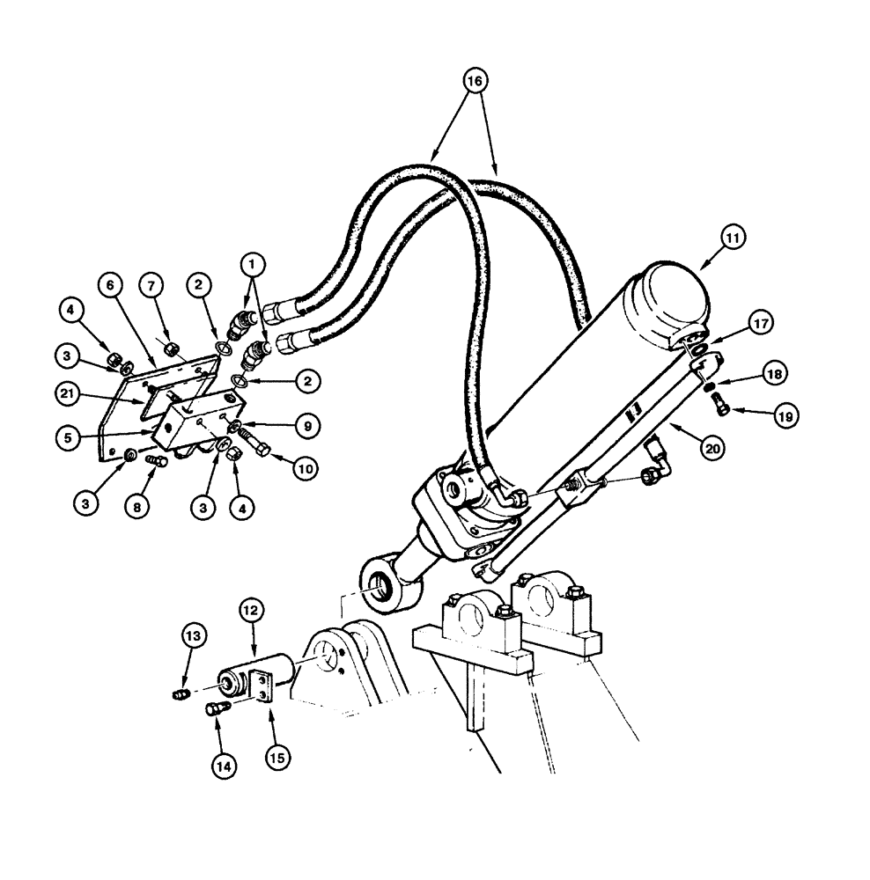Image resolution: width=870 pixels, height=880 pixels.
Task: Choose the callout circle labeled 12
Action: pyautogui.click(x=251, y=609)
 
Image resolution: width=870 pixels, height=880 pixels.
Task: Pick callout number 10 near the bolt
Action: pyautogui.click(x=304, y=470)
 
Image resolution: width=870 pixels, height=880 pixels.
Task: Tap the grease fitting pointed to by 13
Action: pyautogui.click(x=180, y=694)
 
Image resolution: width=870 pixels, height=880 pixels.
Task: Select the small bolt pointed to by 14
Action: pyautogui.click(x=215, y=708)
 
